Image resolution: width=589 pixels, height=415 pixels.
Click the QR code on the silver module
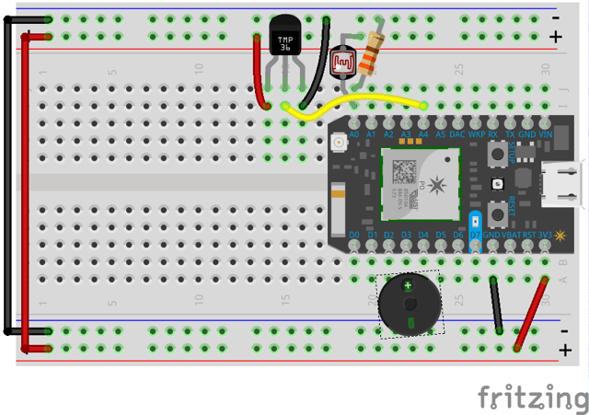[404, 170]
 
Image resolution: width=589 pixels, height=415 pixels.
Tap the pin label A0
[354, 134]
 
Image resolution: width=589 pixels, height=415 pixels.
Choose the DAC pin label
[457, 134]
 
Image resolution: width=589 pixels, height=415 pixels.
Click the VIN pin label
[545, 134]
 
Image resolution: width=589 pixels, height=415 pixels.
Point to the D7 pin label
[475, 236]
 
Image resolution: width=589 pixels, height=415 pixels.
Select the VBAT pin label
[510, 236]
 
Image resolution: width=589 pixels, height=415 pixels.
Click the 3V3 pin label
[547, 236]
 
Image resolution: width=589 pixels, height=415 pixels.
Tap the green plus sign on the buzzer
[408, 286]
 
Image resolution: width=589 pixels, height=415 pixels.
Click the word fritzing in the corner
[532, 398]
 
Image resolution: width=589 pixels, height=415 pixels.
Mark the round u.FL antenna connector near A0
[339, 144]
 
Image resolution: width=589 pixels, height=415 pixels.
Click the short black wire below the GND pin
[496, 304]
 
